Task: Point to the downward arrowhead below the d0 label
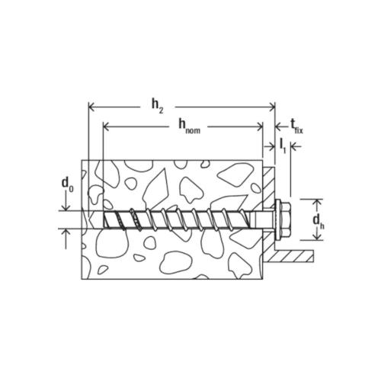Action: tap(67, 206)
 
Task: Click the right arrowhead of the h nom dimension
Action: tap(258, 125)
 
